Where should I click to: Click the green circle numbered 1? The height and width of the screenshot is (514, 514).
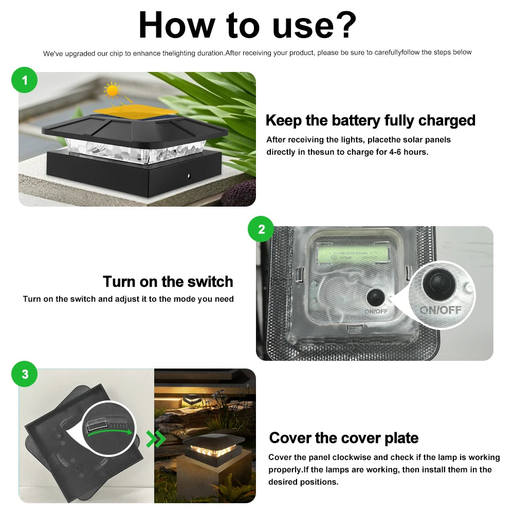25,80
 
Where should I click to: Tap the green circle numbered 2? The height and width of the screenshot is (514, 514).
261,229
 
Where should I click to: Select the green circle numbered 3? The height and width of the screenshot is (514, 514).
25,374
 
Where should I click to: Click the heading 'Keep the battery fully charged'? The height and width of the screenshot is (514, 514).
370,121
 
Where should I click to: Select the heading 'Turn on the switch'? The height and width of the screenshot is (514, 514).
168,282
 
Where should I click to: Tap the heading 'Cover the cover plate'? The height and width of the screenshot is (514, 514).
343,438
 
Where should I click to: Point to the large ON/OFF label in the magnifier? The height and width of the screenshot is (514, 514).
440,310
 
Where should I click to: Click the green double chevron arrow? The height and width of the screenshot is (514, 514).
156,438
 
